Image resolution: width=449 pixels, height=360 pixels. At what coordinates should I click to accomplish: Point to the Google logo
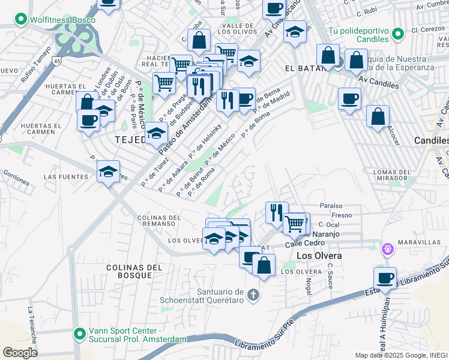(20, 352)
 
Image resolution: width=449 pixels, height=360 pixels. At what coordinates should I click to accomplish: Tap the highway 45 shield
(55, 61)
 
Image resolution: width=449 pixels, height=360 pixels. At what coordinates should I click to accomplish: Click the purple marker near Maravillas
(388, 247)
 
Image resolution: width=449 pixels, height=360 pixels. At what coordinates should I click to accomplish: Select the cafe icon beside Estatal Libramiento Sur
(385, 278)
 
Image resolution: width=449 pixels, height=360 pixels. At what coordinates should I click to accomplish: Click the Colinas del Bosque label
(129, 271)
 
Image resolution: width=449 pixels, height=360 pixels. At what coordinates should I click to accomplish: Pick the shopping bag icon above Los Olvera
(264, 265)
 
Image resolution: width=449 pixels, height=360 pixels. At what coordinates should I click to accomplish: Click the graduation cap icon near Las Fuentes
(109, 172)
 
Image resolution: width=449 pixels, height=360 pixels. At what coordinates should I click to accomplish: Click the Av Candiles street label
(378, 82)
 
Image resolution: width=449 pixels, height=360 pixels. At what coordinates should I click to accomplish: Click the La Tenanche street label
(31, 326)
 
